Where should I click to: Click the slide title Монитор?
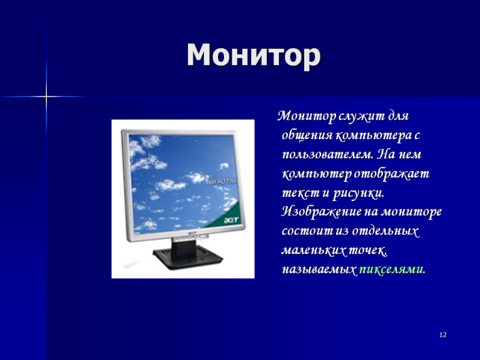[x=253, y=55]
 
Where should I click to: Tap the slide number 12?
[x=443, y=335]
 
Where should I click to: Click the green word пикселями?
[x=392, y=269]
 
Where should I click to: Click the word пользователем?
[x=327, y=154]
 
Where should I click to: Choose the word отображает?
[x=392, y=174]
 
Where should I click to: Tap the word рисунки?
[x=358, y=194]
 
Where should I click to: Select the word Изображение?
[x=321, y=212]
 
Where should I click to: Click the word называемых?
[x=319, y=270]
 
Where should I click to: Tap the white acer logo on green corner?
[x=231, y=220]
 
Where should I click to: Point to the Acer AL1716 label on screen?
[x=221, y=181]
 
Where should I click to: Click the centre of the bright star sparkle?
[x=46, y=96]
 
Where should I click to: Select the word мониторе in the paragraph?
[x=411, y=212]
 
